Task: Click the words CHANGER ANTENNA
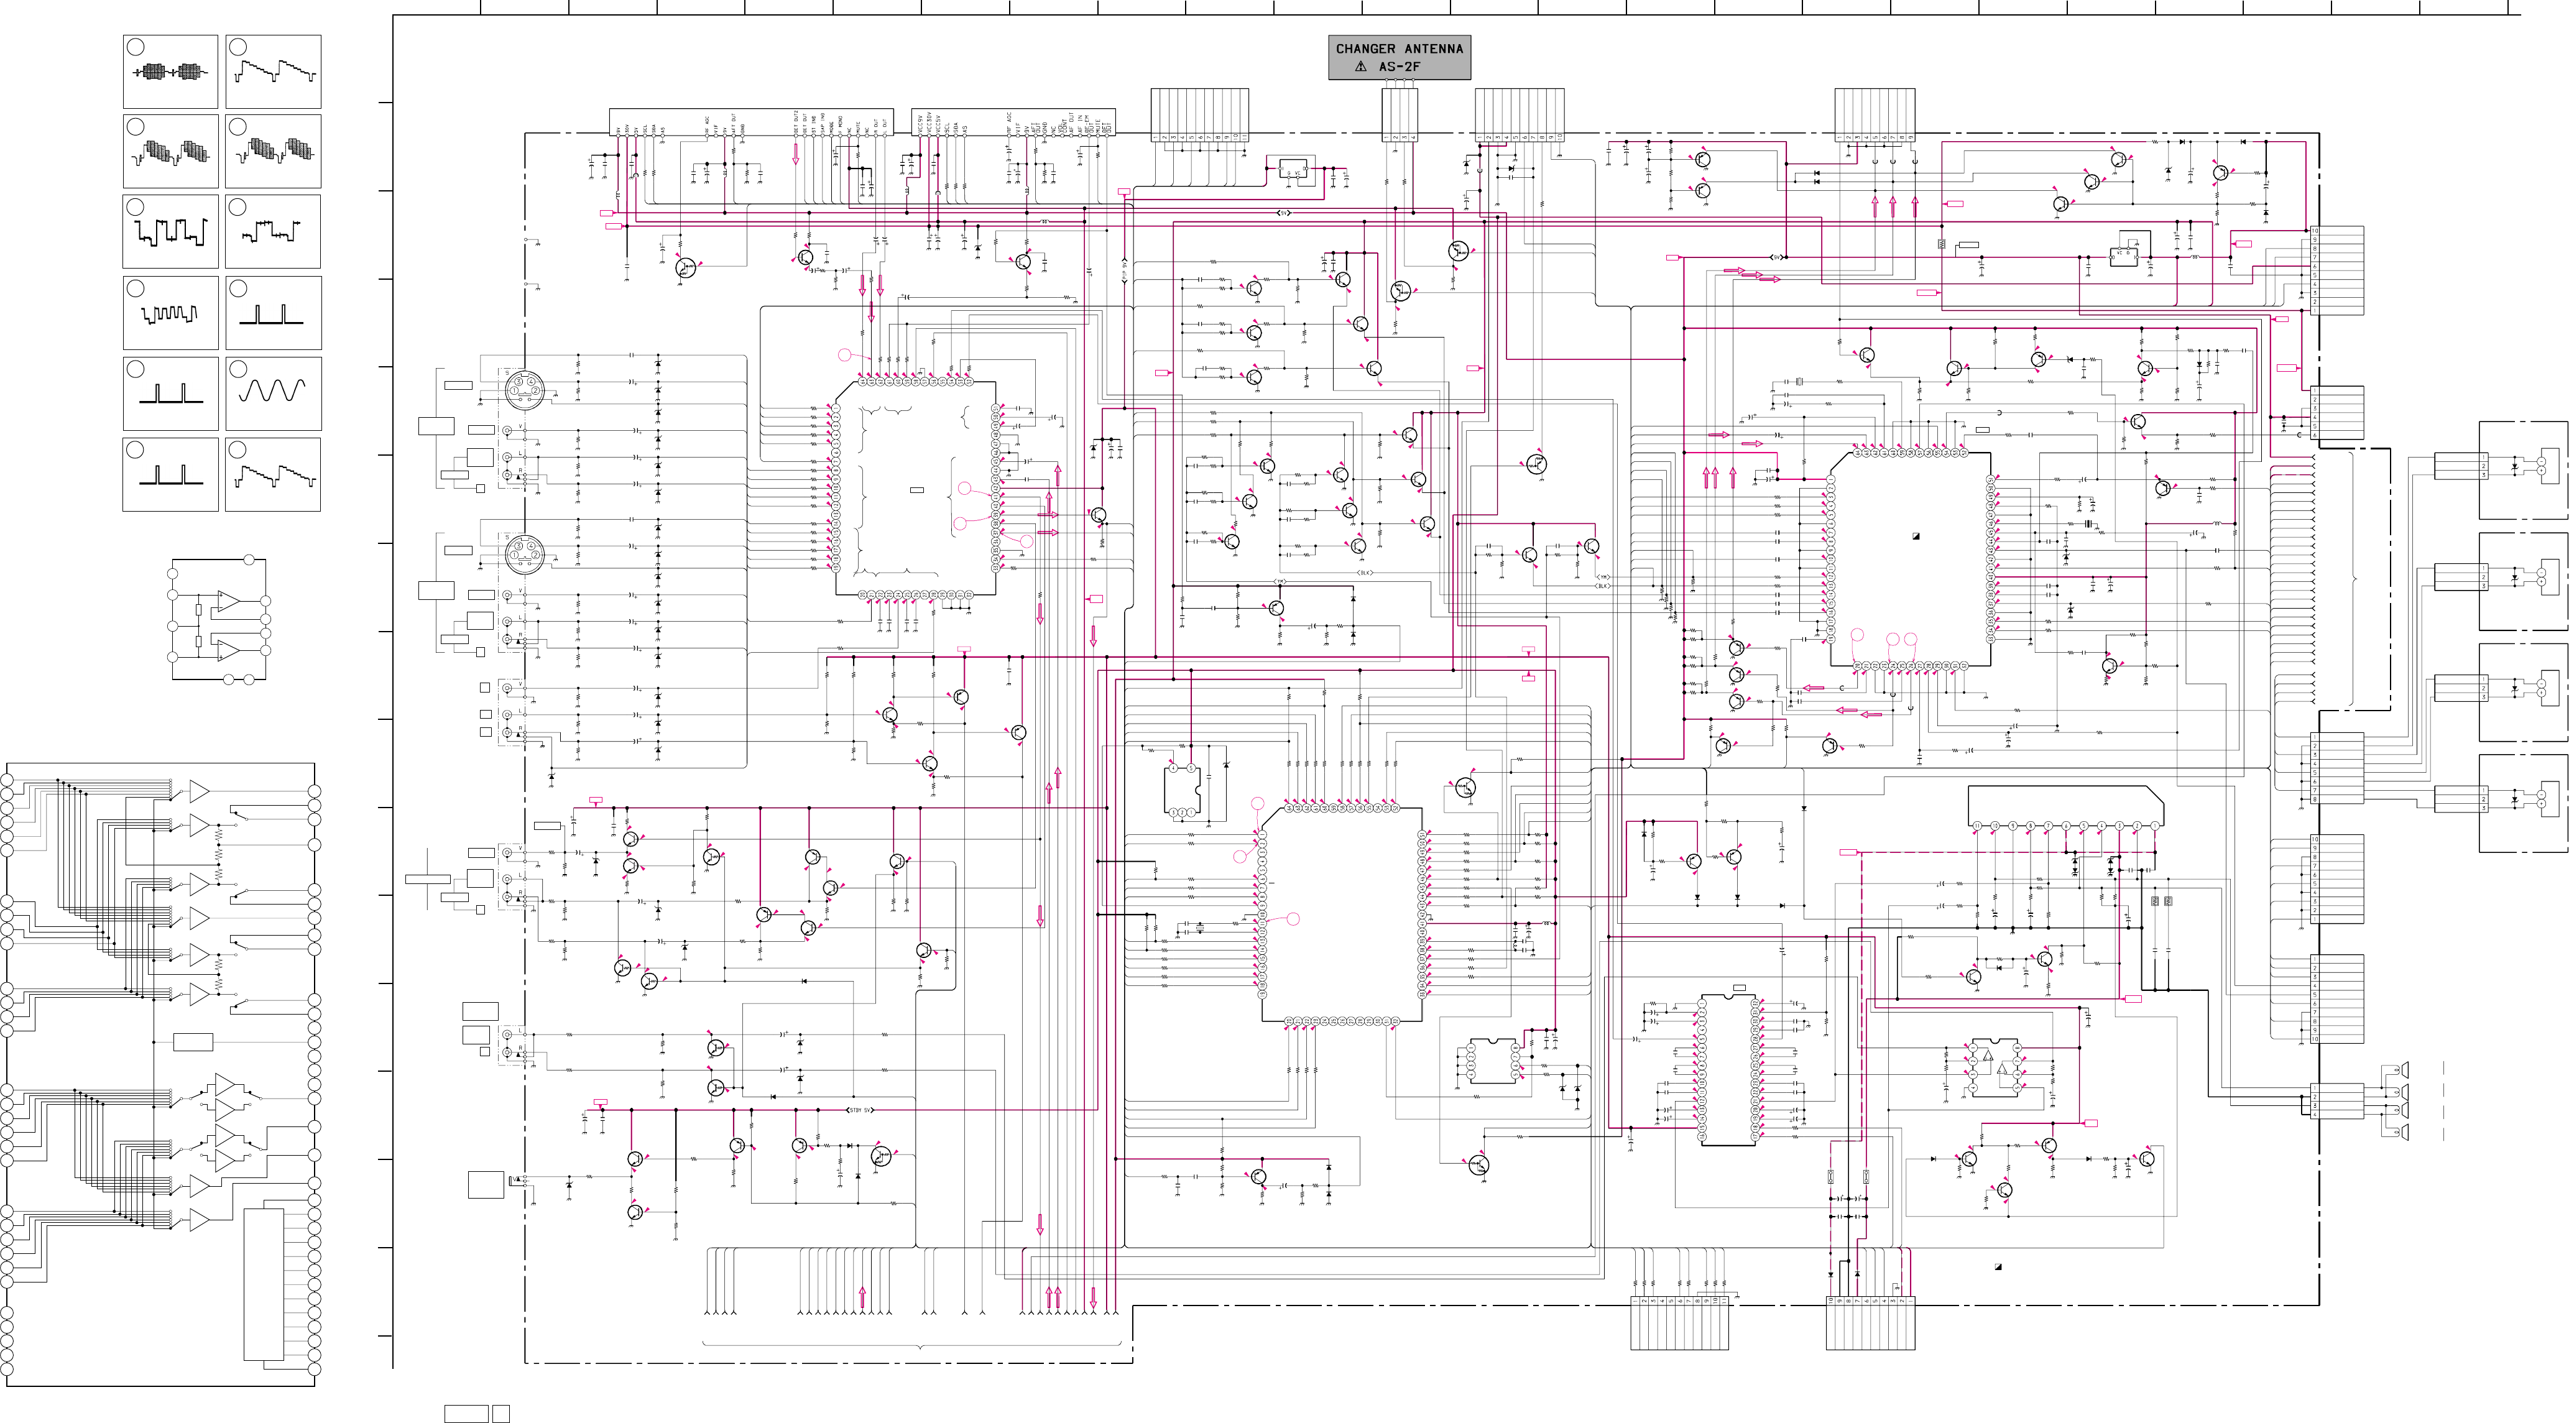[x=1399, y=48]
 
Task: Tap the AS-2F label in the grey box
[x=1399, y=67]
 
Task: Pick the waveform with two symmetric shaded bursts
[x=170, y=71]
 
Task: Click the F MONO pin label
[x=841, y=124]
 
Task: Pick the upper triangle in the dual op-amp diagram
[x=228, y=601]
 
